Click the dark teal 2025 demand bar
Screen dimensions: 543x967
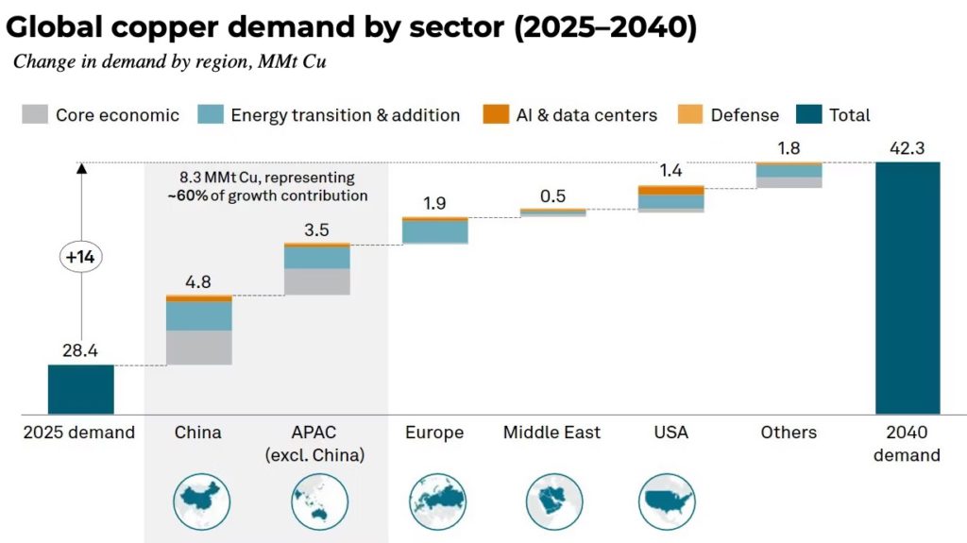click(81, 389)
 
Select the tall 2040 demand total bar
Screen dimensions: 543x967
click(908, 288)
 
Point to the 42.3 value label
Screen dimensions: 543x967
click(908, 148)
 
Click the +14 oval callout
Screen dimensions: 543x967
click(80, 258)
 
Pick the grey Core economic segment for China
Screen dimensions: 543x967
click(199, 348)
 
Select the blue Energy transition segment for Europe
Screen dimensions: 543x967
click(435, 231)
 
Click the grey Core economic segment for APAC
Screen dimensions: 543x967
click(317, 281)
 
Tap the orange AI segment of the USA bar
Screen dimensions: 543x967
click(671, 191)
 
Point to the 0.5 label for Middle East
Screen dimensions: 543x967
click(553, 195)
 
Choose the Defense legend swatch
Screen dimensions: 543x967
click(691, 115)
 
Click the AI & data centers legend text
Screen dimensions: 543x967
click(586, 115)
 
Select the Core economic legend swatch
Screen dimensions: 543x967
click(36, 115)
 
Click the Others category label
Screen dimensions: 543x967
click(789, 433)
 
